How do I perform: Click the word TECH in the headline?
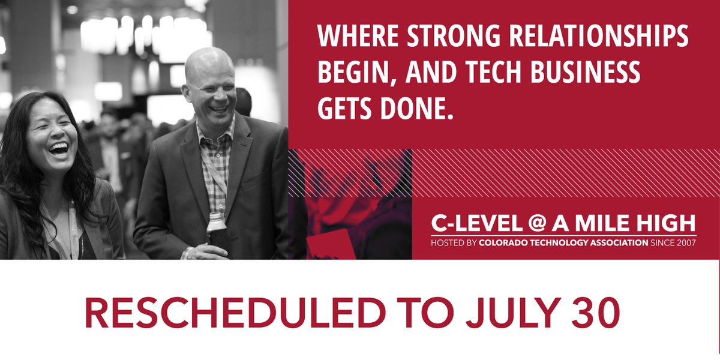click(482, 73)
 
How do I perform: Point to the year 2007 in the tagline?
click(685, 244)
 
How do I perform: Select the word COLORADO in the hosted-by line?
click(502, 244)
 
